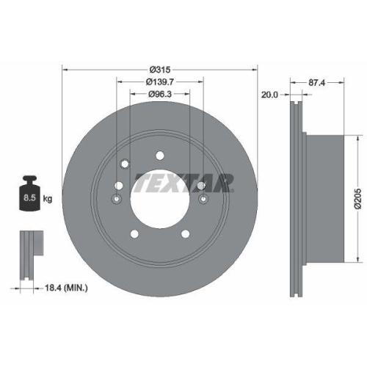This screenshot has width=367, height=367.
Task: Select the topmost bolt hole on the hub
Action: pos(159,155)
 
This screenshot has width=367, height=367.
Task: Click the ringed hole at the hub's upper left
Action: pos(124,164)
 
